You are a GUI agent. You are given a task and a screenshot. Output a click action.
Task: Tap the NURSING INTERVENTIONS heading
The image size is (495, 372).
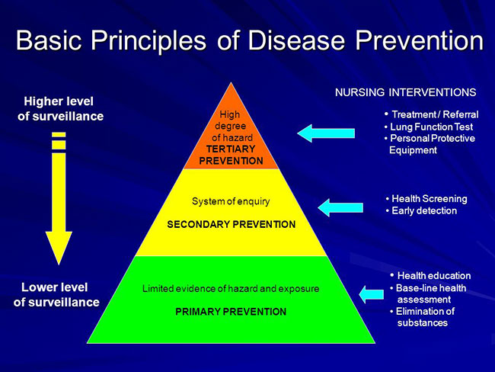(406, 92)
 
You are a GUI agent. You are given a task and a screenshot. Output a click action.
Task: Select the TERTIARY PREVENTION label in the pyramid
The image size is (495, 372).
(231, 155)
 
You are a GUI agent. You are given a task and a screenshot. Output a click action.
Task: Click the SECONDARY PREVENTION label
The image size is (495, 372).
(232, 224)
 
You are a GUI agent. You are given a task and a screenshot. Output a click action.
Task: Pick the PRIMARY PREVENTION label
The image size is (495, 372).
(231, 312)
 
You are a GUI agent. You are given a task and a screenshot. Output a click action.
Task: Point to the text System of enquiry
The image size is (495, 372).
(231, 202)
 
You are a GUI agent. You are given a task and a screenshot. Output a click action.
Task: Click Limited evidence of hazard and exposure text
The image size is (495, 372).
(231, 289)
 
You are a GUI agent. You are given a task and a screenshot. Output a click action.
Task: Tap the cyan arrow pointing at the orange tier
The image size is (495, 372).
(326, 133)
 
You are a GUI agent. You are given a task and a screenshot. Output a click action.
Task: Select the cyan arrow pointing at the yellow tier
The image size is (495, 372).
(340, 207)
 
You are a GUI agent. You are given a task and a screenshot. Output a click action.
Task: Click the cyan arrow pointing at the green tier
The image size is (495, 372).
(372, 294)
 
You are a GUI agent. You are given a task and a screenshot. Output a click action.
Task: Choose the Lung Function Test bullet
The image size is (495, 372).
(429, 127)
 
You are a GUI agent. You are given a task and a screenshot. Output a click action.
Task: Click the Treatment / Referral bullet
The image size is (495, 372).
(432, 114)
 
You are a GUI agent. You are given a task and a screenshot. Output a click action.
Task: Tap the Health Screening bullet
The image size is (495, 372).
(426, 199)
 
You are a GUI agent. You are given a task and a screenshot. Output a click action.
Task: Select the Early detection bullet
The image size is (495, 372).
(421, 211)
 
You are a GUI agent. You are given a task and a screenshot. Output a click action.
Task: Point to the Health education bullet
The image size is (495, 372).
(430, 276)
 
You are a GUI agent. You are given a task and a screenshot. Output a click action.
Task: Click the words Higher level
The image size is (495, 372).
(59, 101)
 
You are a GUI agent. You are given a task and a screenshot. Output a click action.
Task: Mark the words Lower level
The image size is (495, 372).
(55, 287)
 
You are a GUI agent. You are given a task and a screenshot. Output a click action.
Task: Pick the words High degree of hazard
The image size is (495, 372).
(231, 126)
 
